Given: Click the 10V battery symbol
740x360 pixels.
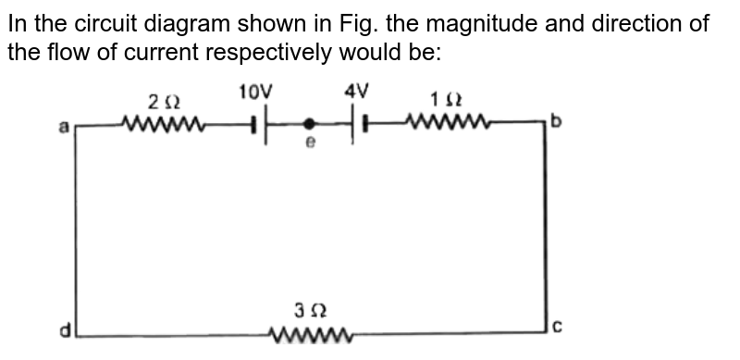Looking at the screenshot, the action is [x=258, y=121].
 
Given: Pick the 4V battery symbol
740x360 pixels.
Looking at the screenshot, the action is [x=360, y=121].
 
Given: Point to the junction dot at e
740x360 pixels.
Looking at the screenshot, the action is [x=310, y=121].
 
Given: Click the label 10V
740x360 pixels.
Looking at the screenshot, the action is [x=255, y=92].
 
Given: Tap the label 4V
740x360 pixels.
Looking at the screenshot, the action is [x=357, y=91].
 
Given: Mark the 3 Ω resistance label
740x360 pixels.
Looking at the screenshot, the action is [x=308, y=308].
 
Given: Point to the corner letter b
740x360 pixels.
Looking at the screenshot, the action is [x=556, y=121].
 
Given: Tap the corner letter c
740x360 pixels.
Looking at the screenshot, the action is [x=557, y=324].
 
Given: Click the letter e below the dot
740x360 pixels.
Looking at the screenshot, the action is [x=311, y=143].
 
